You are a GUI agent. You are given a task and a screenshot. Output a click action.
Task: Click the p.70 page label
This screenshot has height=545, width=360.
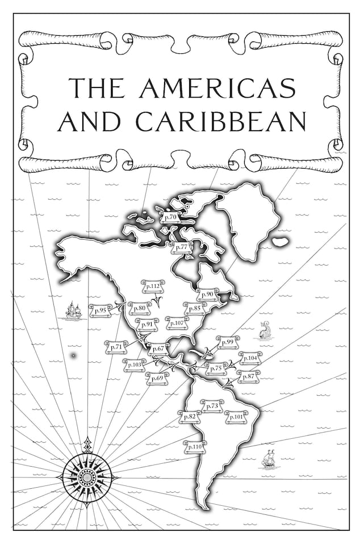(x=170, y=217)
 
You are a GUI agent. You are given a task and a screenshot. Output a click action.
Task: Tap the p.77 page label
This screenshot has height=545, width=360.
(x=182, y=247)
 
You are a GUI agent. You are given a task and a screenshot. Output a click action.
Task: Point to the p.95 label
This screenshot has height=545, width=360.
(x=102, y=310)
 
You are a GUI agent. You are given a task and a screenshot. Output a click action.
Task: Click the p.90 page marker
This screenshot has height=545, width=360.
(x=208, y=294)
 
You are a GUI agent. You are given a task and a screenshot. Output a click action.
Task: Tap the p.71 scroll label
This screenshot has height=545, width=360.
(x=116, y=346)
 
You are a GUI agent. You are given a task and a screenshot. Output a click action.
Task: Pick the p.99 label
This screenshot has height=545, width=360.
(x=228, y=342)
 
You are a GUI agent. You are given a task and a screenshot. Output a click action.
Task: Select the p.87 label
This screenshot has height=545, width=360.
(x=248, y=376)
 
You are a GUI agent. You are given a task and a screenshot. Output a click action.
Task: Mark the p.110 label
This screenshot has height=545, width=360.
(x=194, y=447)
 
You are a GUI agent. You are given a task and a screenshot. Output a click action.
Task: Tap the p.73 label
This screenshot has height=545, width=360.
(x=213, y=406)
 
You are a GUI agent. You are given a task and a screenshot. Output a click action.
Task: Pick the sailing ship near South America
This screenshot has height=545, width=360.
(x=269, y=460)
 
